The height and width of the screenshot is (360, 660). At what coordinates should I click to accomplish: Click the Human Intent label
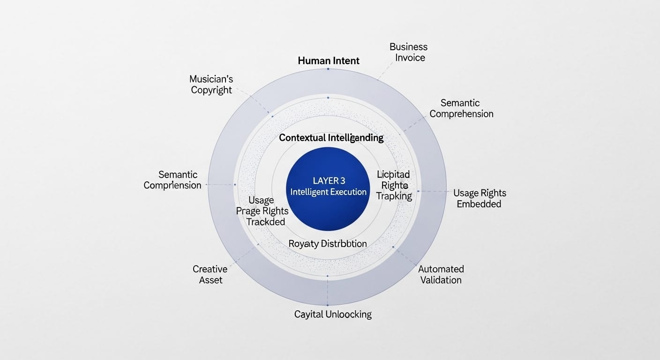coord(328,60)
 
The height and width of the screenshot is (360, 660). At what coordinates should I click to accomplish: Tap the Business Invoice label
coord(408,52)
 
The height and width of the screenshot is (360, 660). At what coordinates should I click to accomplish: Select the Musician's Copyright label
coord(211,84)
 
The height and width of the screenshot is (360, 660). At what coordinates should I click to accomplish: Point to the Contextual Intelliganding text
coord(331,138)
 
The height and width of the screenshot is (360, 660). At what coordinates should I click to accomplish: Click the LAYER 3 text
coord(328,180)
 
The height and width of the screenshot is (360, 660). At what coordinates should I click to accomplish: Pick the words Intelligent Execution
coord(328,192)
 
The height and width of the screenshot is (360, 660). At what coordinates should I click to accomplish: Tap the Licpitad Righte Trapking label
coord(394,185)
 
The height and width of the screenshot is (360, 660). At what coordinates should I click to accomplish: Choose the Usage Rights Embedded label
coord(479,198)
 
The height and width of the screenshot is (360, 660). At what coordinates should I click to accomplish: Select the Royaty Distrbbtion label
coord(328,244)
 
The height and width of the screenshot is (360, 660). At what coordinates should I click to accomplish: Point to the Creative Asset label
coord(210,275)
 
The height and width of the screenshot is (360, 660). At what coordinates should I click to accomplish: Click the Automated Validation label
coord(441,275)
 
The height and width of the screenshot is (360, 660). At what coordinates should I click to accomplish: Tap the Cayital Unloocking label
coord(333,314)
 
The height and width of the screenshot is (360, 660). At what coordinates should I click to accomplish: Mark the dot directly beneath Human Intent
coord(328,69)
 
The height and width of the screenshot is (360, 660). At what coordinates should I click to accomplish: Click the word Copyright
coord(211,90)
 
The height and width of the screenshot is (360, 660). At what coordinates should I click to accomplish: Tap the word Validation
coord(441,280)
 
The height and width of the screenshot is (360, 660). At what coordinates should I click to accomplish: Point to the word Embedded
coord(479,204)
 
